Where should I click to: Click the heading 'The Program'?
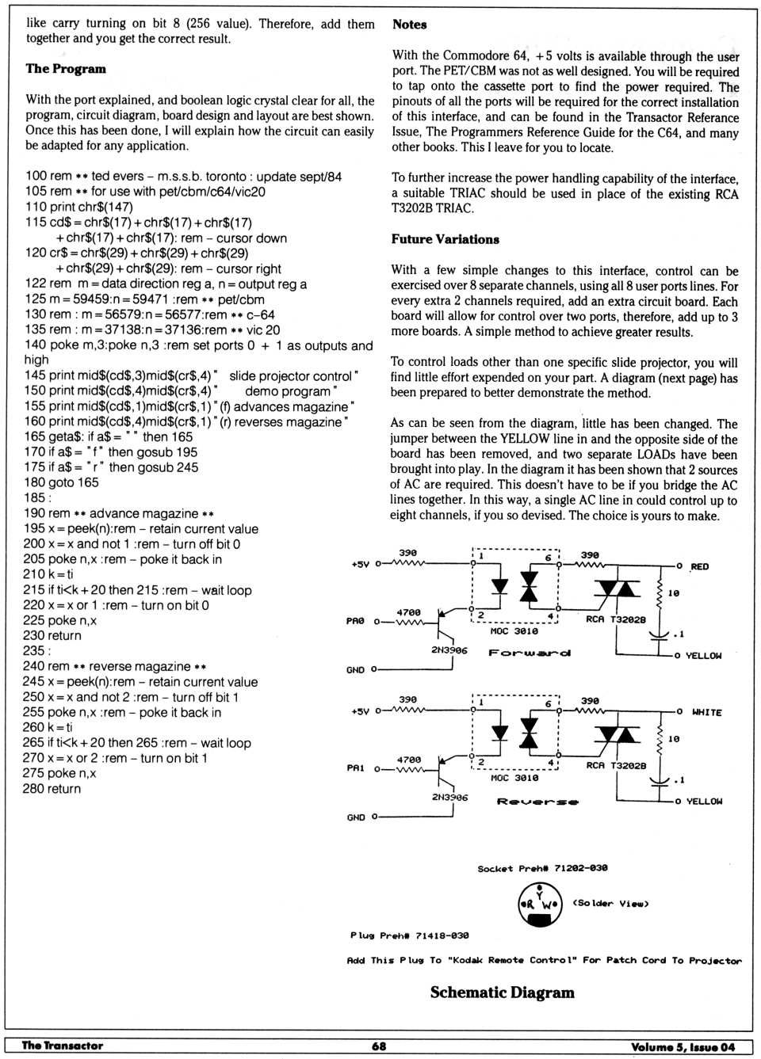coord(66,69)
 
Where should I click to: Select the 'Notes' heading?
coord(409,25)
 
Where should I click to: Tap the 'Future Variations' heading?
coord(445,239)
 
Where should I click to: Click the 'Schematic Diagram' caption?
coord(502,992)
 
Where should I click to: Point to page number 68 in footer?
coord(379,1046)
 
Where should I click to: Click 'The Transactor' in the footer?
coord(63,1046)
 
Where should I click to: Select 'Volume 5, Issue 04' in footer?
coord(683,1047)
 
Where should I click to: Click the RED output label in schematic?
coord(699,566)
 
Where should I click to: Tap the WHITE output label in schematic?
coord(706,712)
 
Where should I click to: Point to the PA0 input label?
coord(355,621)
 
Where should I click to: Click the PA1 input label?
coord(355,768)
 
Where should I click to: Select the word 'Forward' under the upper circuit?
coord(530,653)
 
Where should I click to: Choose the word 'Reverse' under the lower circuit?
coord(537,802)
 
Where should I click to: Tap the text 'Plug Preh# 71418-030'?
coord(409,935)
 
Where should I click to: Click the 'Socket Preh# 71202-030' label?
coord(542,868)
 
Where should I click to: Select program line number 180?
coord(34,482)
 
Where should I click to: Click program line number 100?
coord(36,176)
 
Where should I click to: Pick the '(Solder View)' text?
coord(610,904)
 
